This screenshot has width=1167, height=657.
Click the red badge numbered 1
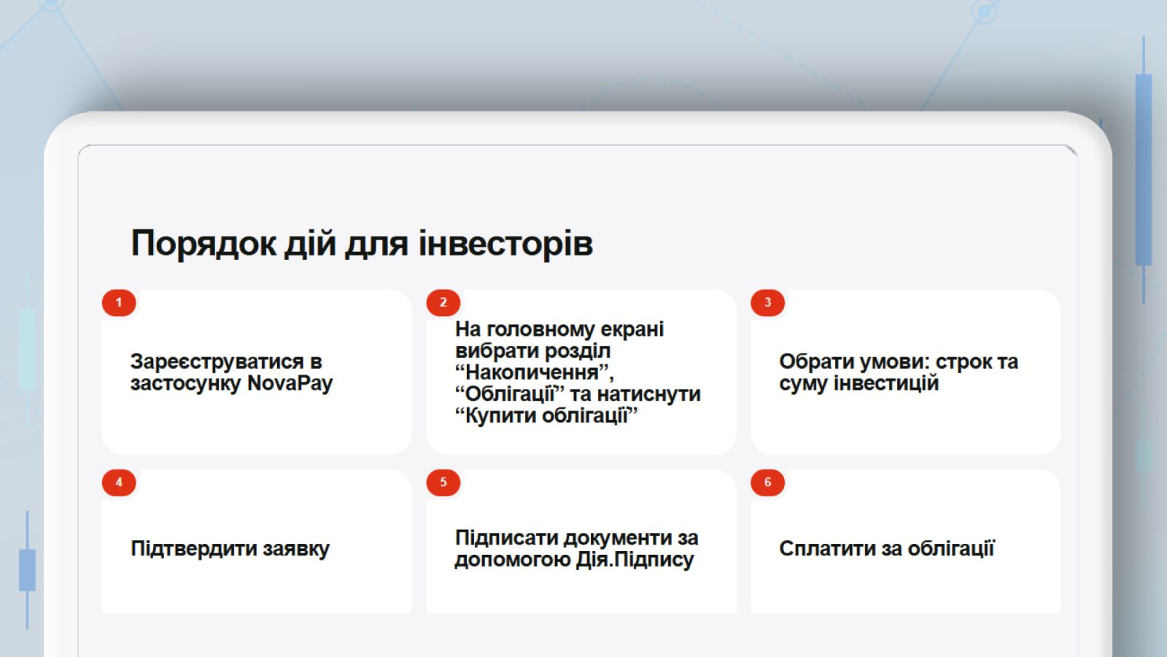[119, 302]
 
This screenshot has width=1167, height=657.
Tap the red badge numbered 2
[443, 302]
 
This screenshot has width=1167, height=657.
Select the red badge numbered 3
[767, 302]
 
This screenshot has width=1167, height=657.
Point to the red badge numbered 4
[119, 483]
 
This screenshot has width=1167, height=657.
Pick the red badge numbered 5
[443, 483]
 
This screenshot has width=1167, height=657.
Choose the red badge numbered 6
[767, 483]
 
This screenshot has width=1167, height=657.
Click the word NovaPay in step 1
[290, 384]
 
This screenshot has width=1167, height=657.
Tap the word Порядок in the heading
[203, 245]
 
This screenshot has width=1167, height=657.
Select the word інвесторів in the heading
[505, 244]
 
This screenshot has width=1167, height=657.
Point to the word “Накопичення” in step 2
[535, 373]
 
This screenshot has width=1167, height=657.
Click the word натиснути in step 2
[648, 394]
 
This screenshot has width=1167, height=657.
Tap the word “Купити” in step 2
[495, 416]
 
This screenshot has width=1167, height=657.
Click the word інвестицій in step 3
[886, 383]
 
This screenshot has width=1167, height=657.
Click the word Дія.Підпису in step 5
[635, 560]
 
